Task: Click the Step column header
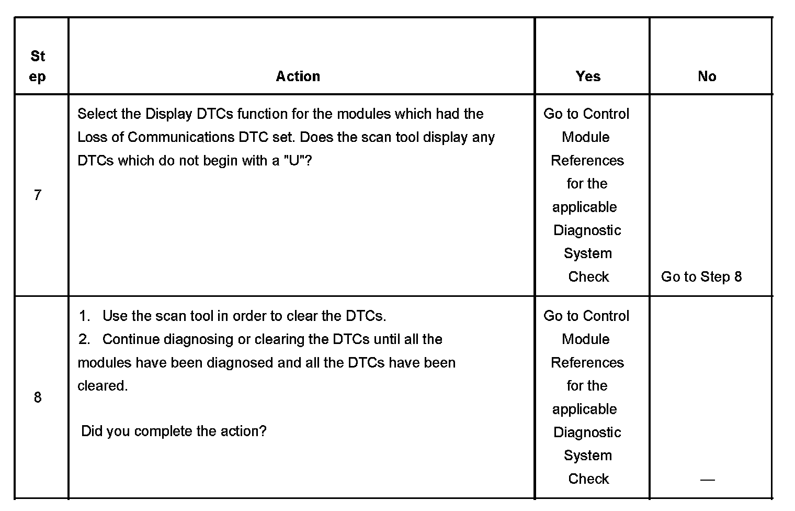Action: coord(38,66)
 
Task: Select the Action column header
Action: coord(298,76)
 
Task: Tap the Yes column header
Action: coord(588,76)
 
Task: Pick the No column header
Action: coord(707,76)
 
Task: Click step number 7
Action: coord(38,195)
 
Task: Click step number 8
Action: coord(38,397)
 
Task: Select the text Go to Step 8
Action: coord(701,276)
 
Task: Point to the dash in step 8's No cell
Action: coord(707,479)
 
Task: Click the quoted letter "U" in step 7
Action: coord(294,160)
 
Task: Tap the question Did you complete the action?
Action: coord(174,431)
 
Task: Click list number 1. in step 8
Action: coord(84,316)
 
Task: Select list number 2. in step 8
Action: coord(84,339)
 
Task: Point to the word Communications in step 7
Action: coord(180,137)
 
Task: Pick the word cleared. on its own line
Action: coord(103,386)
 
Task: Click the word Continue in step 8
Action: coord(131,339)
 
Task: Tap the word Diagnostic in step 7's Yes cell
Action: coord(587,230)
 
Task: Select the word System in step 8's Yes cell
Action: coord(587,456)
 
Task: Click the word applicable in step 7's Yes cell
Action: coord(584,207)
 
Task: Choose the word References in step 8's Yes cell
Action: coord(587,362)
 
